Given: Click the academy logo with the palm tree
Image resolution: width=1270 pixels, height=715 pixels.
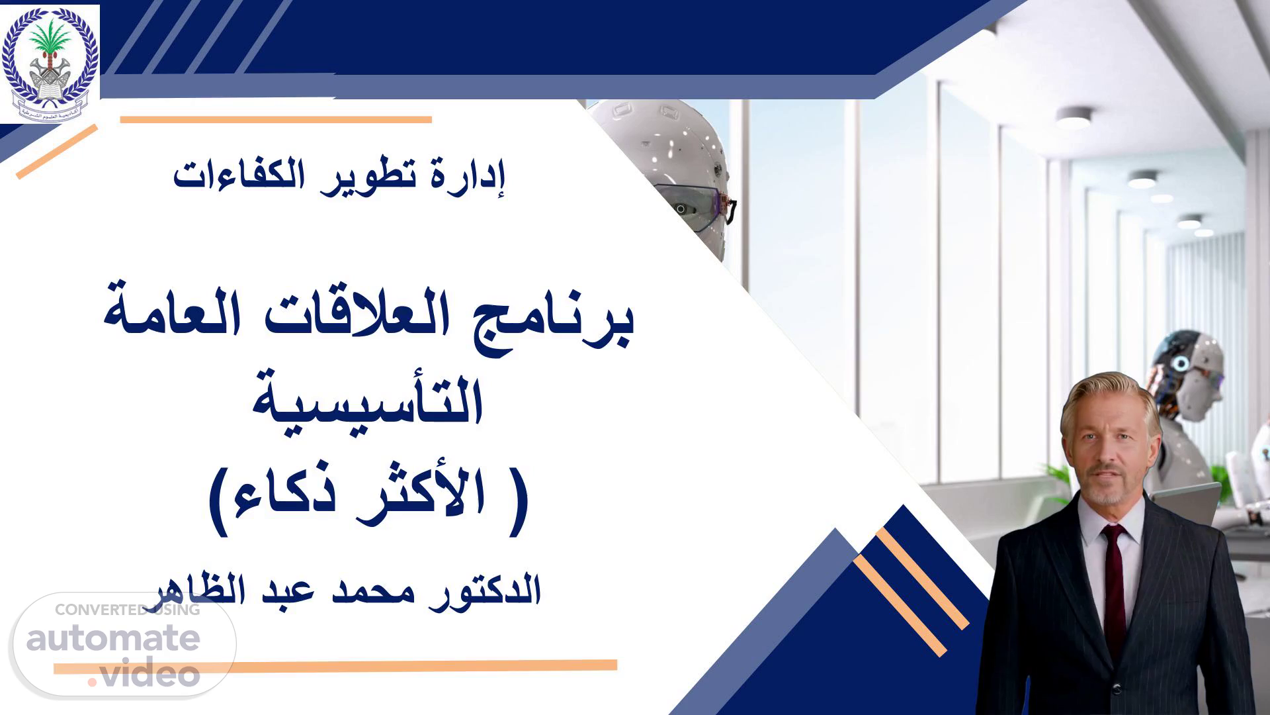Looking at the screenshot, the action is coord(50,64).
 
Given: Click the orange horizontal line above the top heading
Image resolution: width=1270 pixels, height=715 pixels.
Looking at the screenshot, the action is coord(276,120).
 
